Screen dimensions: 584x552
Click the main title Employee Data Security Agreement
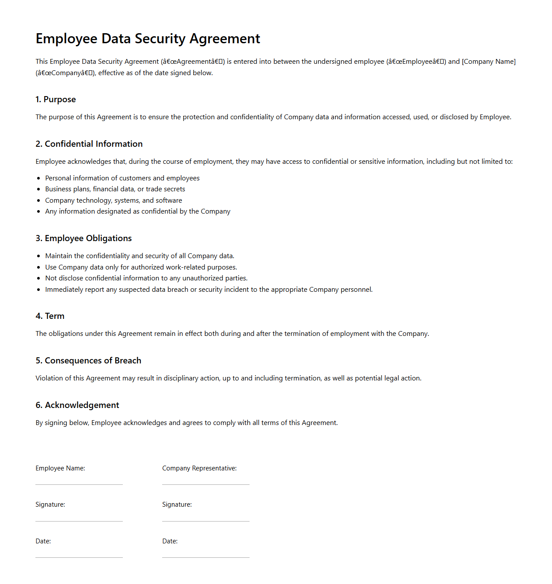[x=148, y=39]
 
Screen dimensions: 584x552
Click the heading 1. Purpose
[x=56, y=100]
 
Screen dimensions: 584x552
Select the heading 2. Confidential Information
[x=89, y=144]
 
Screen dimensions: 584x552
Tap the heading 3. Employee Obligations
[x=83, y=238]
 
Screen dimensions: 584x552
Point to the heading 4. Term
[x=50, y=316]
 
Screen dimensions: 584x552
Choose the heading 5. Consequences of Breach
[x=88, y=361]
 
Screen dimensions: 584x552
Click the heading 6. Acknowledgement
[x=77, y=405]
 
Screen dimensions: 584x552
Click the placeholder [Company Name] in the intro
[x=489, y=62]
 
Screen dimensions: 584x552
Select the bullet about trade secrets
[x=115, y=189]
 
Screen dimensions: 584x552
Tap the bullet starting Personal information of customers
[x=122, y=178]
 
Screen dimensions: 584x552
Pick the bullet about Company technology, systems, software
[x=114, y=200]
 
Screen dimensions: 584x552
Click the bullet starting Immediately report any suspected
[x=209, y=290]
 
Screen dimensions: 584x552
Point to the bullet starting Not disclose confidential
[x=146, y=278]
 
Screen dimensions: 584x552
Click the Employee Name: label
[x=60, y=468]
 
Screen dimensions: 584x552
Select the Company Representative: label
[x=199, y=468]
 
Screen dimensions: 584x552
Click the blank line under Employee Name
[x=79, y=484]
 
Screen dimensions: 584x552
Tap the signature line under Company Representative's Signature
[x=206, y=520]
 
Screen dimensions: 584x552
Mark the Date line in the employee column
[x=79, y=556]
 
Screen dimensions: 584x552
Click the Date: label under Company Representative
[x=170, y=541]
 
